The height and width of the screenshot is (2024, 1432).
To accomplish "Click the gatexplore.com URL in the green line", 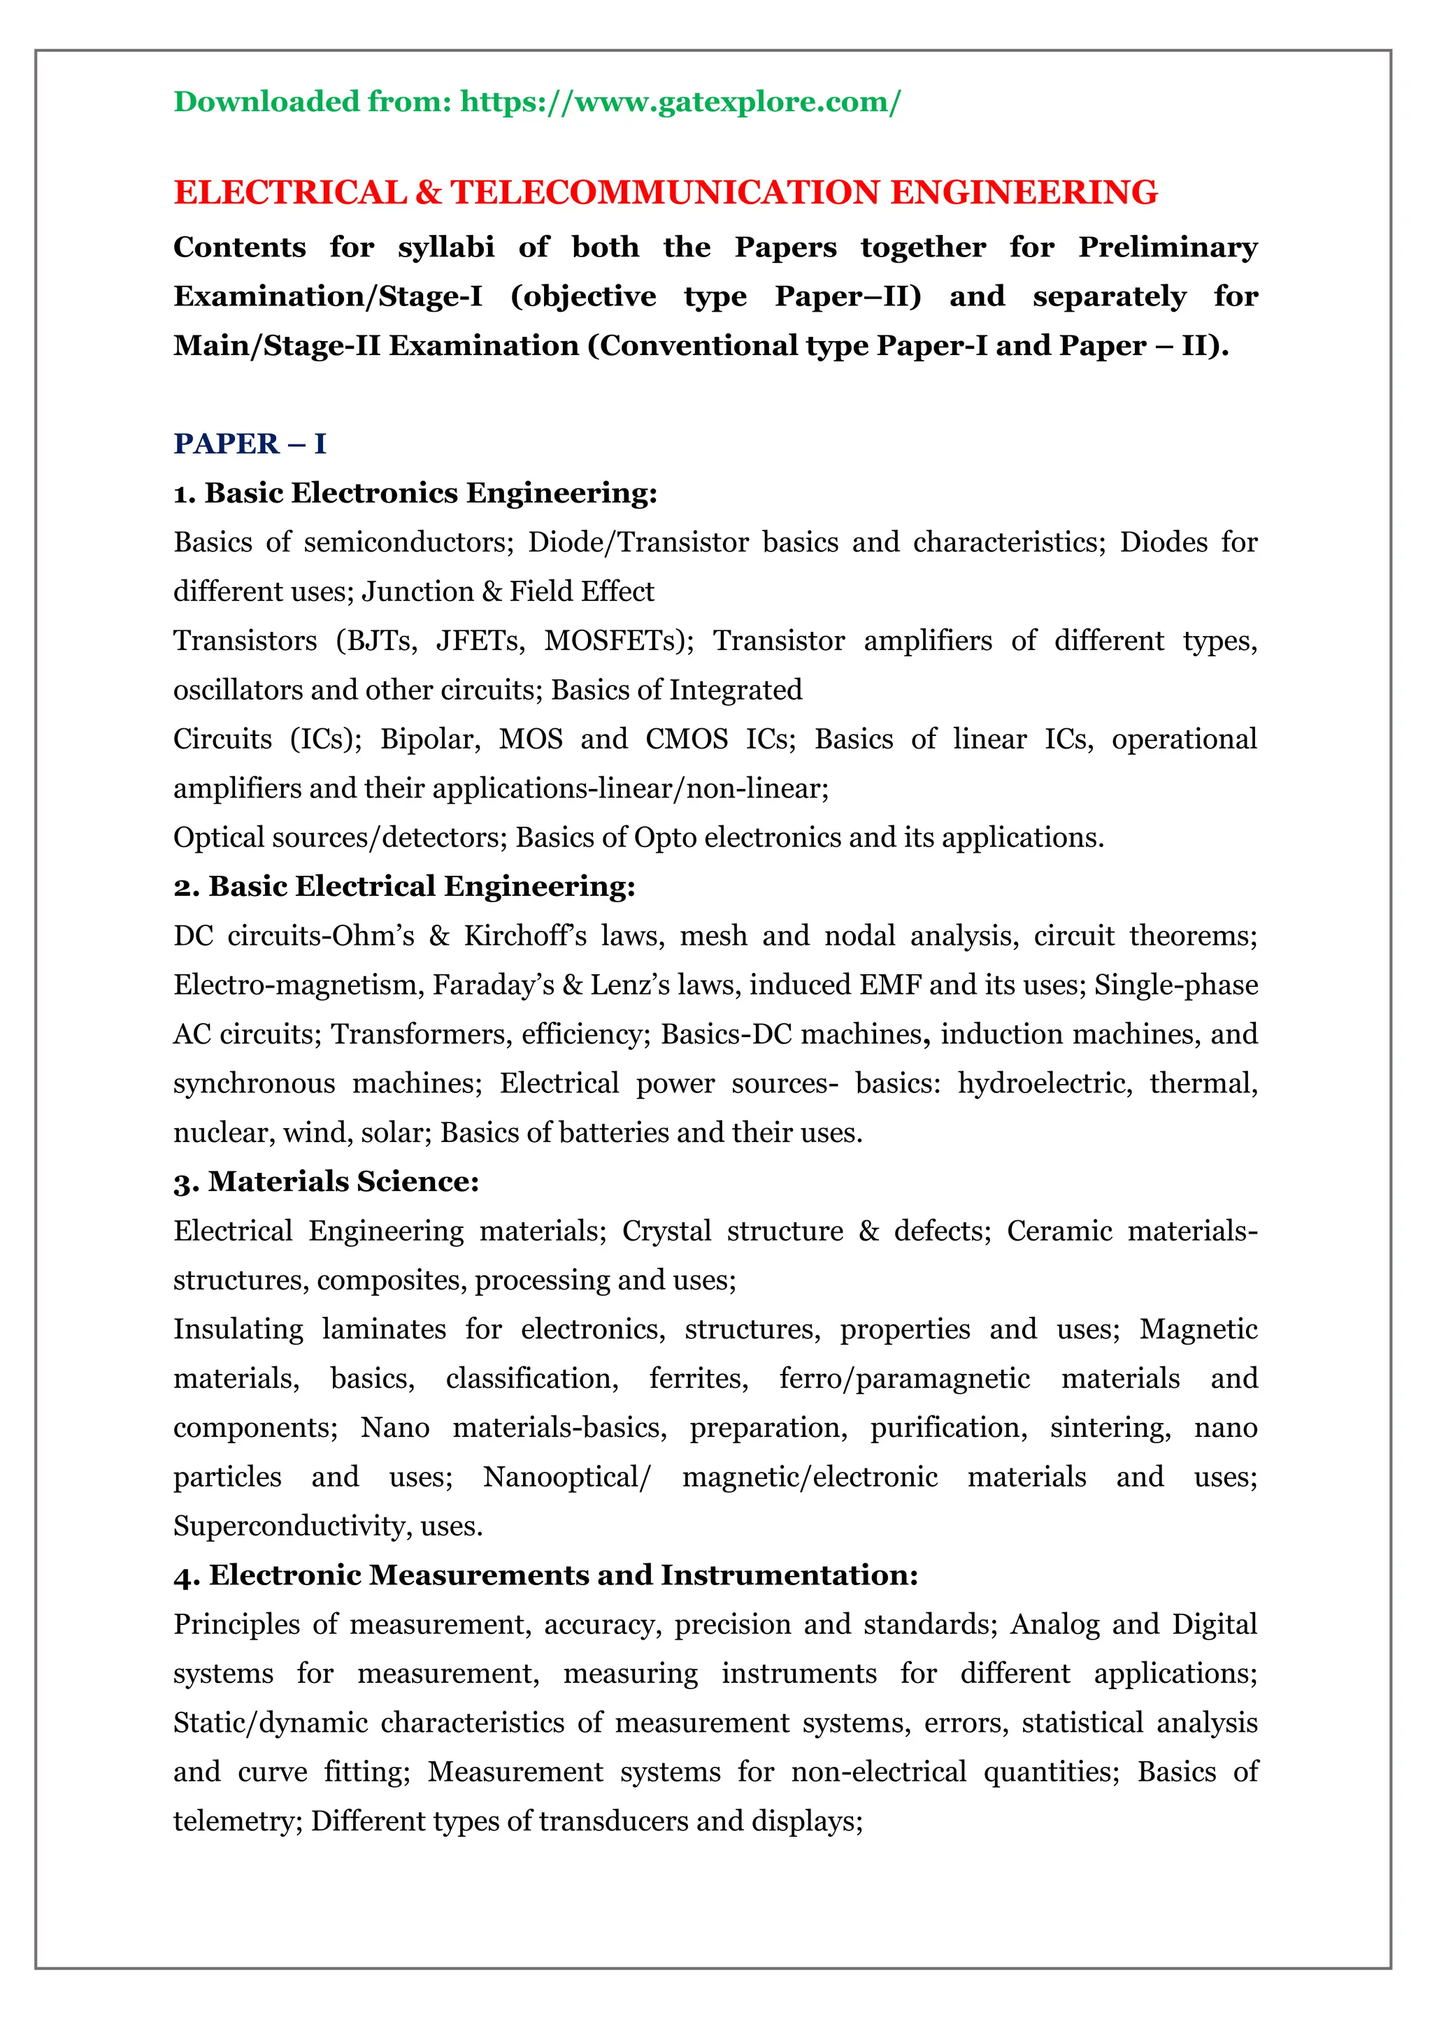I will [x=680, y=102].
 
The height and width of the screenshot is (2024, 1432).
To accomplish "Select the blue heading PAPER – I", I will [x=250, y=443].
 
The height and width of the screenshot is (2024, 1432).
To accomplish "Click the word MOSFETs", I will [x=618, y=641].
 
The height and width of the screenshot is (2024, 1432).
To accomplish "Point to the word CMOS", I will [x=686, y=739].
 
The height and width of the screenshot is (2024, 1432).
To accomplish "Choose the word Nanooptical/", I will [x=566, y=1477].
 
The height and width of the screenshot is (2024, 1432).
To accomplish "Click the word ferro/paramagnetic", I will [x=904, y=1379].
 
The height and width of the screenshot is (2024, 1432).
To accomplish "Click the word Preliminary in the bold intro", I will [x=1168, y=247].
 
